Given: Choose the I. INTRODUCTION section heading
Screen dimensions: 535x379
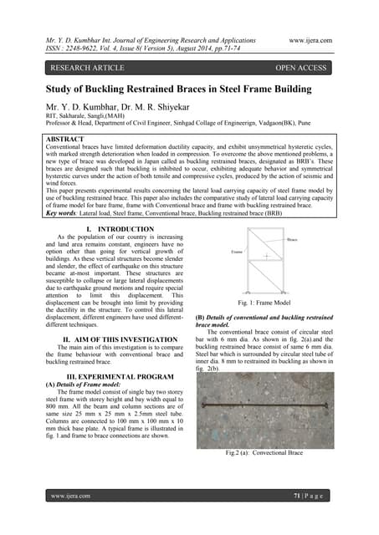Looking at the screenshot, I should point(115,228).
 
